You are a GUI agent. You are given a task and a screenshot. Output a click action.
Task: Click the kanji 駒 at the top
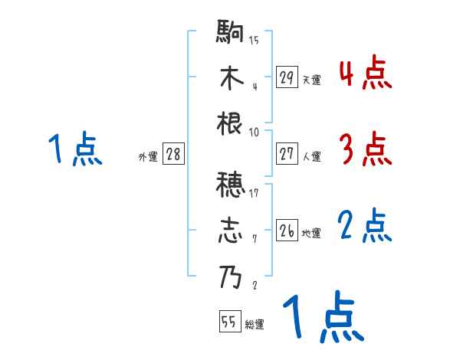coord(231,34)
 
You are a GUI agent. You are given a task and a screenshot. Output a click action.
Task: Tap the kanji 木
coord(231,79)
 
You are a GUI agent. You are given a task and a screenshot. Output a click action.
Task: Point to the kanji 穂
coord(231,185)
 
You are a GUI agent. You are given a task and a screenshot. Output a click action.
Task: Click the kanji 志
coord(231,231)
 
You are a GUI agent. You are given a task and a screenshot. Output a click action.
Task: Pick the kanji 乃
coord(231,277)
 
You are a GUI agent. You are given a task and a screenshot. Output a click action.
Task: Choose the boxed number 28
coord(173,154)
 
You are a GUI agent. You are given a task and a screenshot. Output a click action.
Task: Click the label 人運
coord(311,156)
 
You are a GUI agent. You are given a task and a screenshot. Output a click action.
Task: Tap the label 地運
coord(311,233)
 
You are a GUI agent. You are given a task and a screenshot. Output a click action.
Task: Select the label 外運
coord(147,156)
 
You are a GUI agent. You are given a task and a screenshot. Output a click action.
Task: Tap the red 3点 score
coord(365,149)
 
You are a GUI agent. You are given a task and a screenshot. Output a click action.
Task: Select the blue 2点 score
coord(365,226)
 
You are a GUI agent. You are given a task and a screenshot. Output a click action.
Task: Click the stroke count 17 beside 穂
coord(255,193)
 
